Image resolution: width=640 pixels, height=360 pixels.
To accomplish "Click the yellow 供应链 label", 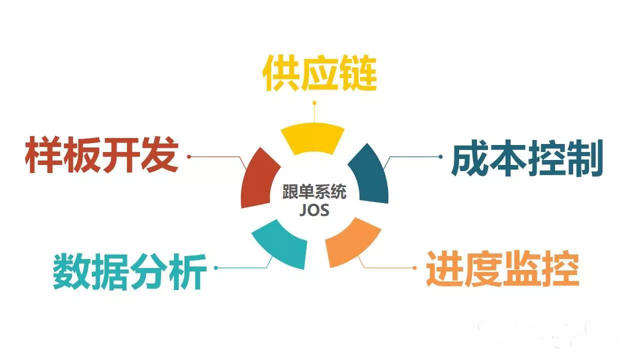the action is click(319, 73).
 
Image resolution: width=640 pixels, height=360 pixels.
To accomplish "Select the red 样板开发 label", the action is click(101, 154).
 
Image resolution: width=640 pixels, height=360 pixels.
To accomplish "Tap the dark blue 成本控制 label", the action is click(527, 158).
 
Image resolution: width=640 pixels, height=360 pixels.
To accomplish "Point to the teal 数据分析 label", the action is click(129, 271).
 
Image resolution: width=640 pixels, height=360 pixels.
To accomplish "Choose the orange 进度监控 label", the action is click(502, 268).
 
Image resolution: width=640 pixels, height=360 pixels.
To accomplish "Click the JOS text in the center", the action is click(314, 210).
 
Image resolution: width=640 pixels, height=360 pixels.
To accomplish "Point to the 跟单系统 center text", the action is click(314, 191).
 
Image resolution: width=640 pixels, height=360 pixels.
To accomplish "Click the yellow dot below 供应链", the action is click(314, 103).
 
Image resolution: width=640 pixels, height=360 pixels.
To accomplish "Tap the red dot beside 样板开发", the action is click(188, 156).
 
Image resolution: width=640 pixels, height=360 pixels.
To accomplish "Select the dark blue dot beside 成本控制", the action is click(440, 156).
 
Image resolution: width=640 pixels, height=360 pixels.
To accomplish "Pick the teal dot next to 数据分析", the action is click(215, 267).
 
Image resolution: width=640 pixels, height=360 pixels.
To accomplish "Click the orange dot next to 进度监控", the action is click(414, 267).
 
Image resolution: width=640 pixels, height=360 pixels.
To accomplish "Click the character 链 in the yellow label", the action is click(357, 73).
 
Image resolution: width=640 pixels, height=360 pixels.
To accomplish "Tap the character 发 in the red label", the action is click(160, 154).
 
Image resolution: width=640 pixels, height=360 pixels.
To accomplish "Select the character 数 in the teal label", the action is click(71, 271).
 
